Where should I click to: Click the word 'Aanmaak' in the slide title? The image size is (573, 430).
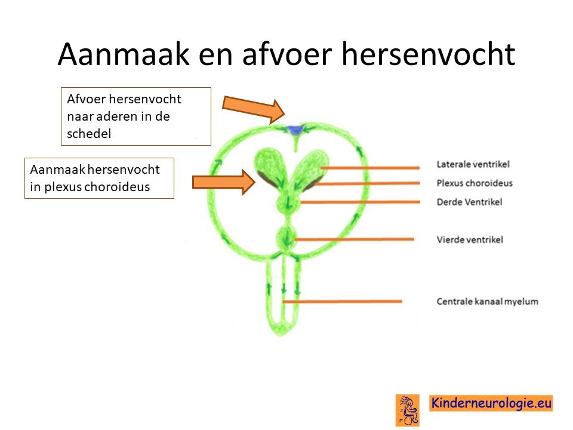point(124,54)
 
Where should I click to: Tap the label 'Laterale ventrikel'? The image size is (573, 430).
point(473,164)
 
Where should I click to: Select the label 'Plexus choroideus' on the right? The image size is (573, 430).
point(475,183)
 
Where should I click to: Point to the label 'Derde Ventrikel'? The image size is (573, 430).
point(469,202)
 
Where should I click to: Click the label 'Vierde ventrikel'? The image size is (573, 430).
point(470,239)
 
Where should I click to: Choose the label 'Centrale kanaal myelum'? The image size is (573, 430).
point(487,301)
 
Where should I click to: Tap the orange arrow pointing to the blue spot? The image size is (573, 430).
point(254,109)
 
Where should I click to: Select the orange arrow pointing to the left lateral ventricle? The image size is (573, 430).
point(224,182)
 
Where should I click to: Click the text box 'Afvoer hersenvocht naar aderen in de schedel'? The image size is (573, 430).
point(136,116)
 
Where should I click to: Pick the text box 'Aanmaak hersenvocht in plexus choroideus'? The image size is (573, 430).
point(100,178)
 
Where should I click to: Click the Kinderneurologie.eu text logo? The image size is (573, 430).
point(491,403)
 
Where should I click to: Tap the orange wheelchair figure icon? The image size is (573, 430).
point(408,410)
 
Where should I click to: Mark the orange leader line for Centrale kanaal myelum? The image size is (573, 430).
point(342,302)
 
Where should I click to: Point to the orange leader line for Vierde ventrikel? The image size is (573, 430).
point(354,239)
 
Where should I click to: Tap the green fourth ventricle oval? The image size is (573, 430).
point(286,238)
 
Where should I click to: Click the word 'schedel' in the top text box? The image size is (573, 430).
point(89,133)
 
